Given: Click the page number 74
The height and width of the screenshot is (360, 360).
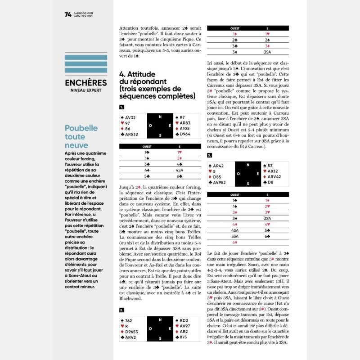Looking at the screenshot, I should [68, 14].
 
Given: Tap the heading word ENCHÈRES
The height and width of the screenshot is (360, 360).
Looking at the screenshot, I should [85, 83].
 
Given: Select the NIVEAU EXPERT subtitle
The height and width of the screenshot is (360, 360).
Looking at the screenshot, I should [85, 90].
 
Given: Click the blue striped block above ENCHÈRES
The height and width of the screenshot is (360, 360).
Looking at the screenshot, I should [85, 64].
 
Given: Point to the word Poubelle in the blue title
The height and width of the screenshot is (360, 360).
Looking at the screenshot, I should [81, 128].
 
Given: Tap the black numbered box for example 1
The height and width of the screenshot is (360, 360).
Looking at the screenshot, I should [121, 107].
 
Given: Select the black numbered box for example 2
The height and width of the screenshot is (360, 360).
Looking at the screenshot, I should [121, 310].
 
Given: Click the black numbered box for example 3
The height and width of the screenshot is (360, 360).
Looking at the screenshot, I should [209, 155].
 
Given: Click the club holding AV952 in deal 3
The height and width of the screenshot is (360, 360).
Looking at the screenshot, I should [220, 182].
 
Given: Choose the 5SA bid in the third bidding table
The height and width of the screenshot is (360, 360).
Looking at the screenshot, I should [234, 236].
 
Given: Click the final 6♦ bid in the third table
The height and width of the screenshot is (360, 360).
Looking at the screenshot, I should [234, 242].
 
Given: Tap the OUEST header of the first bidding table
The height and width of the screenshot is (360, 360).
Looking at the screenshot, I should [147, 146].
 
